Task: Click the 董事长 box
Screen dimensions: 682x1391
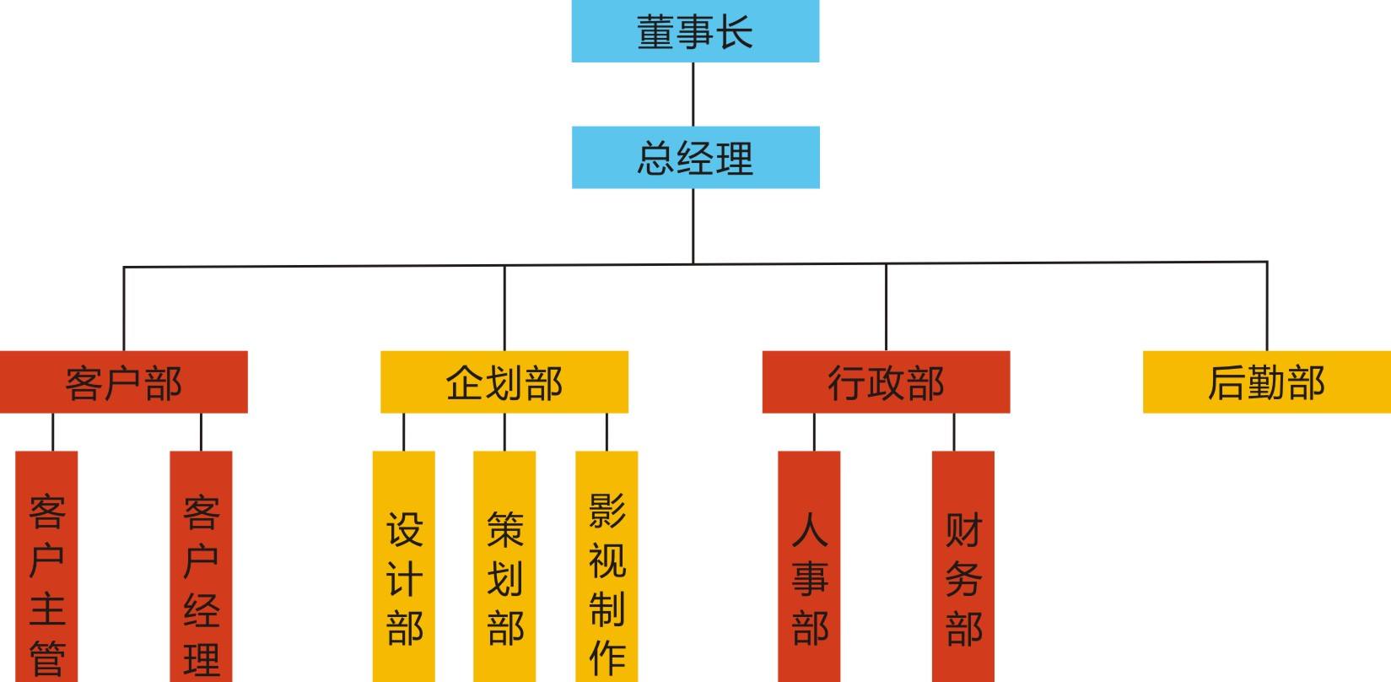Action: tap(695, 31)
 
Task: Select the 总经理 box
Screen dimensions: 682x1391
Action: tap(695, 157)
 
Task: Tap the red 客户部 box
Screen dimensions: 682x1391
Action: tap(123, 382)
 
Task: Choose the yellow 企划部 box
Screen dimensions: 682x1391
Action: tap(504, 382)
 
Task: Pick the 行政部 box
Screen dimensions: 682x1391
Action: tap(886, 382)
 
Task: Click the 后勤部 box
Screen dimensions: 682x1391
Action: tap(1266, 382)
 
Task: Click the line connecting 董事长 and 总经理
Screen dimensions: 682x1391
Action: tap(693, 95)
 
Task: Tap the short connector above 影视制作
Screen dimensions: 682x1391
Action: tap(607, 432)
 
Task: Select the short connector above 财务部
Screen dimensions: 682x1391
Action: tap(954, 432)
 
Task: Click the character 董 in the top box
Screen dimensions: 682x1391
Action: tap(655, 32)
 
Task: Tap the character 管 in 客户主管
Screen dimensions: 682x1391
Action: tap(47, 658)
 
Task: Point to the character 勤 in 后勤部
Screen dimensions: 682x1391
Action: tap(1266, 382)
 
